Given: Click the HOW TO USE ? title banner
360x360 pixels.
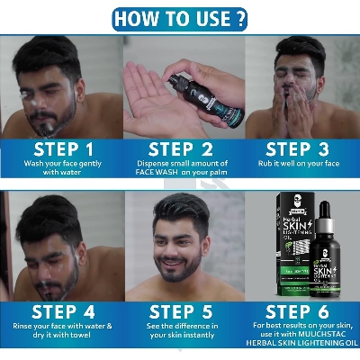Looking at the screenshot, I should click(179, 17).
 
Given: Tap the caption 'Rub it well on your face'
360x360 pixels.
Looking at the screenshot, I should click(300, 165).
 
